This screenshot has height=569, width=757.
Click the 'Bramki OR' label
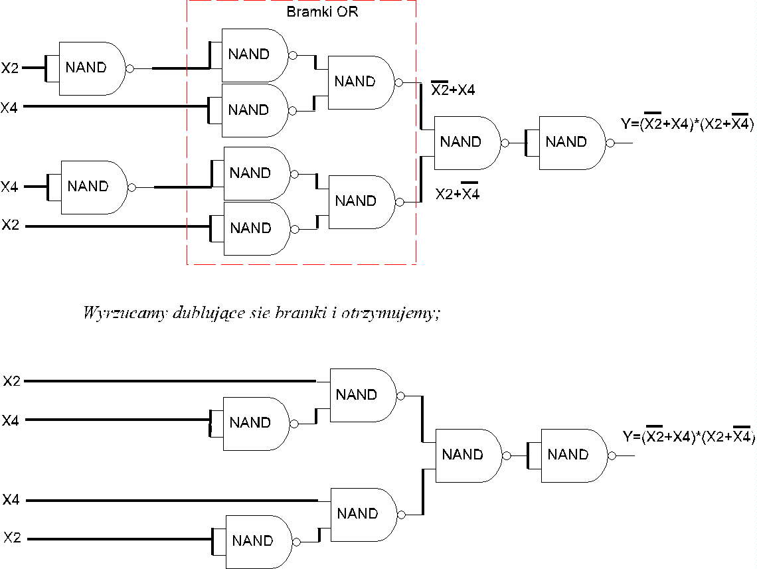click(322, 11)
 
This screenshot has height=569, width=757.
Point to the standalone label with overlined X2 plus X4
click(452, 88)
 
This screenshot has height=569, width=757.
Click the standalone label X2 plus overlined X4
click(458, 192)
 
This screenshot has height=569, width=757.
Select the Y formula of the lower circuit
click(689, 435)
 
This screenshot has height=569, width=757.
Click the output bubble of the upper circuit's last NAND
click(610, 143)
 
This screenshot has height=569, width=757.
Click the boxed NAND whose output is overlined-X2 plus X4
click(361, 82)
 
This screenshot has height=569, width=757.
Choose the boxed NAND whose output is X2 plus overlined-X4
click(362, 202)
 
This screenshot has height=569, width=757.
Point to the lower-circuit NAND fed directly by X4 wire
click(364, 515)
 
